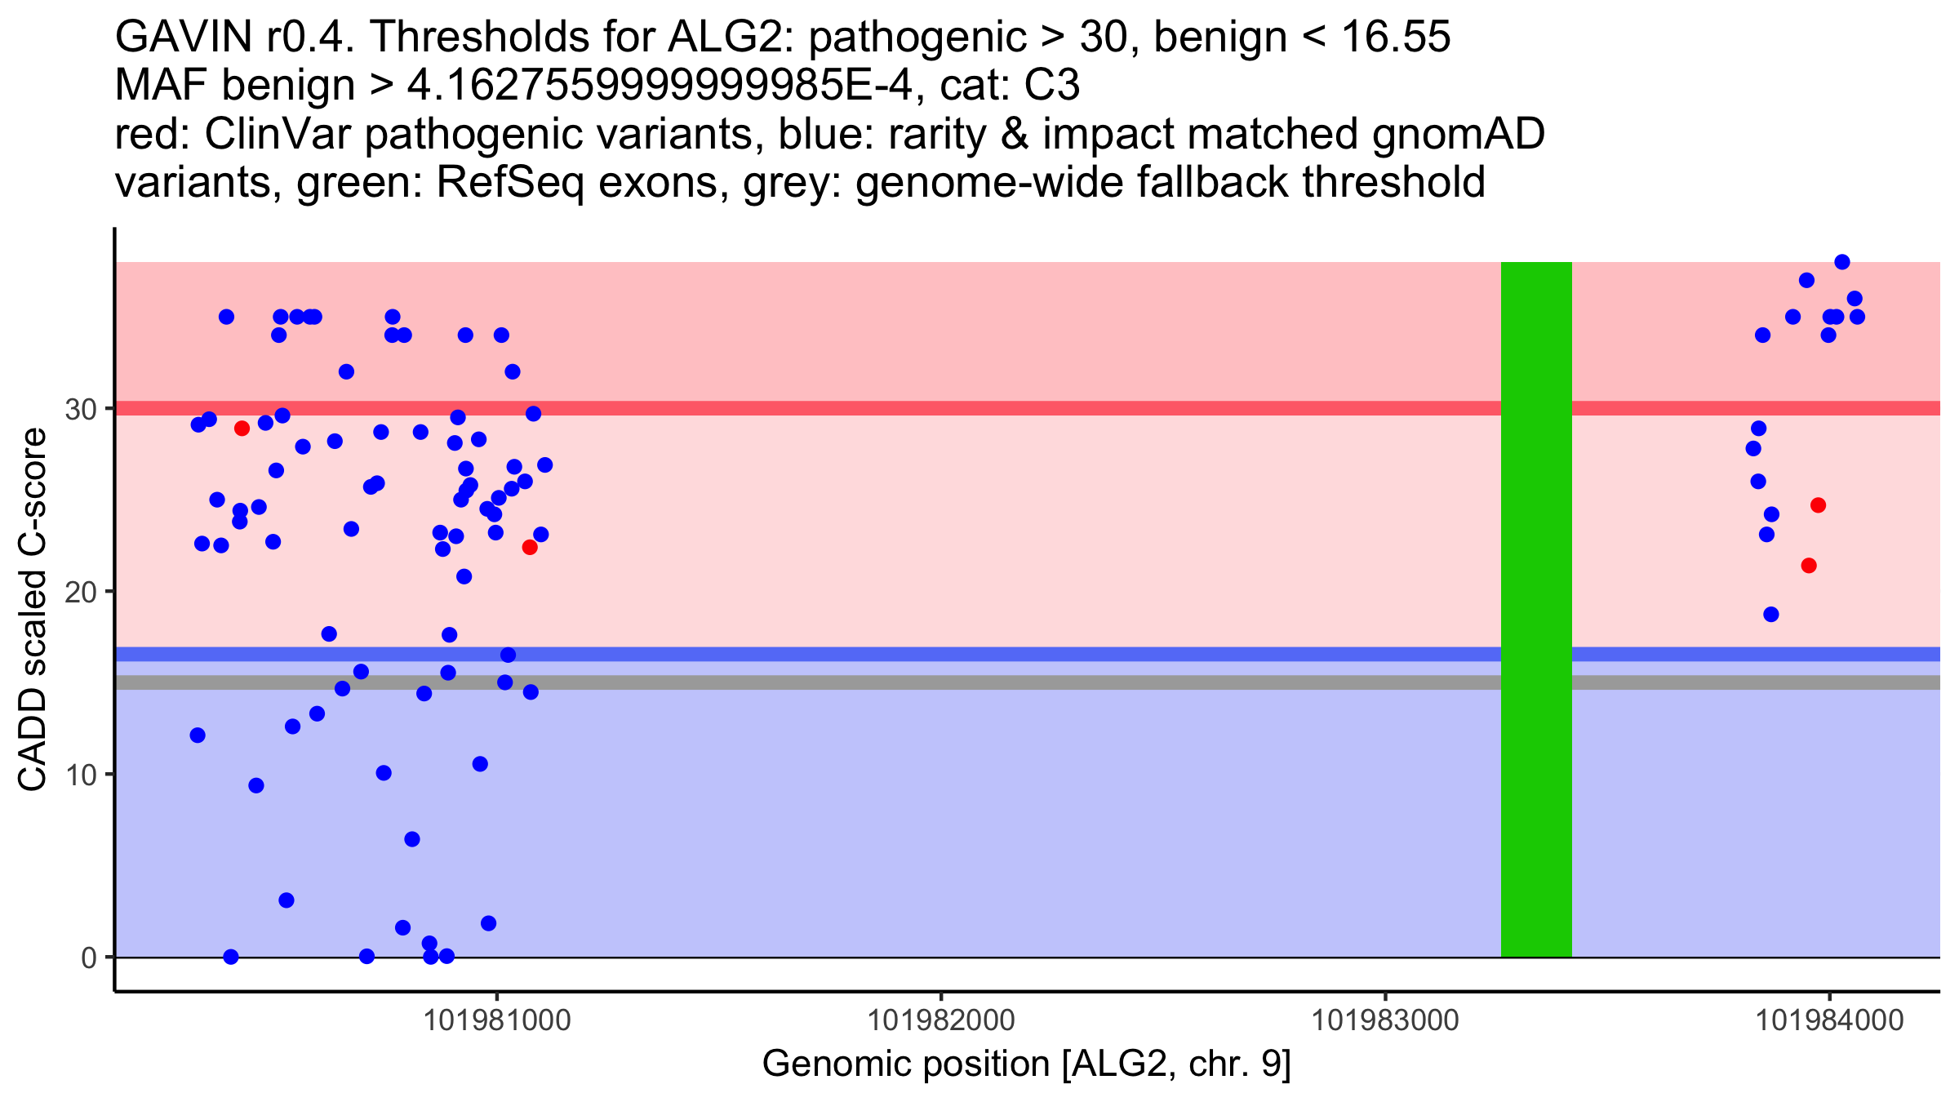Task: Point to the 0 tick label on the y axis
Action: click(x=88, y=958)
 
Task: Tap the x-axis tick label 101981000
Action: click(x=497, y=1020)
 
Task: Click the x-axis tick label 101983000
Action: click(x=1384, y=1020)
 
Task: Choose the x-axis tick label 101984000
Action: click(x=1829, y=1020)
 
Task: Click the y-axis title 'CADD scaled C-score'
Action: click(x=33, y=610)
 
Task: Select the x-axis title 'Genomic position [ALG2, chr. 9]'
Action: click(x=1026, y=1064)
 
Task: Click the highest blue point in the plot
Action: click(x=1842, y=262)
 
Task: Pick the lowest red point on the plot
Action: click(x=1809, y=566)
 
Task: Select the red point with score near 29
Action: click(x=242, y=429)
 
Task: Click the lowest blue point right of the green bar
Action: click(x=1771, y=615)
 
